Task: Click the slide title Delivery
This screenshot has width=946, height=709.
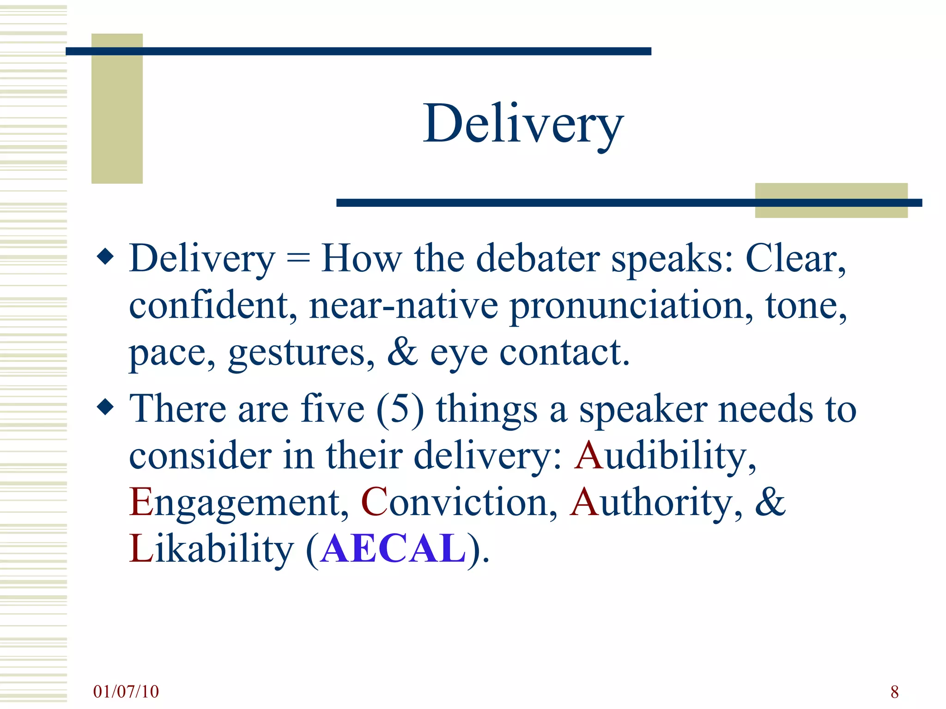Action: pyautogui.click(x=523, y=124)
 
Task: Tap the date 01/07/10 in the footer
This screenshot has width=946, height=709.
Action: pyautogui.click(x=126, y=691)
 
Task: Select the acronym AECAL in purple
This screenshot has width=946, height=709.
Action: pyautogui.click(x=394, y=548)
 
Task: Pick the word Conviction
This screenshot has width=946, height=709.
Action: pyautogui.click(x=459, y=502)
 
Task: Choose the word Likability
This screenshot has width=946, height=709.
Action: pyautogui.click(x=211, y=548)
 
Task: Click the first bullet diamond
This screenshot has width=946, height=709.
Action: pyautogui.click(x=106, y=257)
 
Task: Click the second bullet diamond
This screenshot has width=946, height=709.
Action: pyautogui.click(x=106, y=407)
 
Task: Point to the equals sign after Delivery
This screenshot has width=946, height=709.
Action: pyautogui.click(x=298, y=259)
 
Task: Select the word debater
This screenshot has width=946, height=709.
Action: pyautogui.click(x=538, y=258)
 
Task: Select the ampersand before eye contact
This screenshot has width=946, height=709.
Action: pyautogui.click(x=402, y=352)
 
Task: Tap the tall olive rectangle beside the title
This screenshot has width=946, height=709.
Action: pyautogui.click(x=117, y=108)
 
